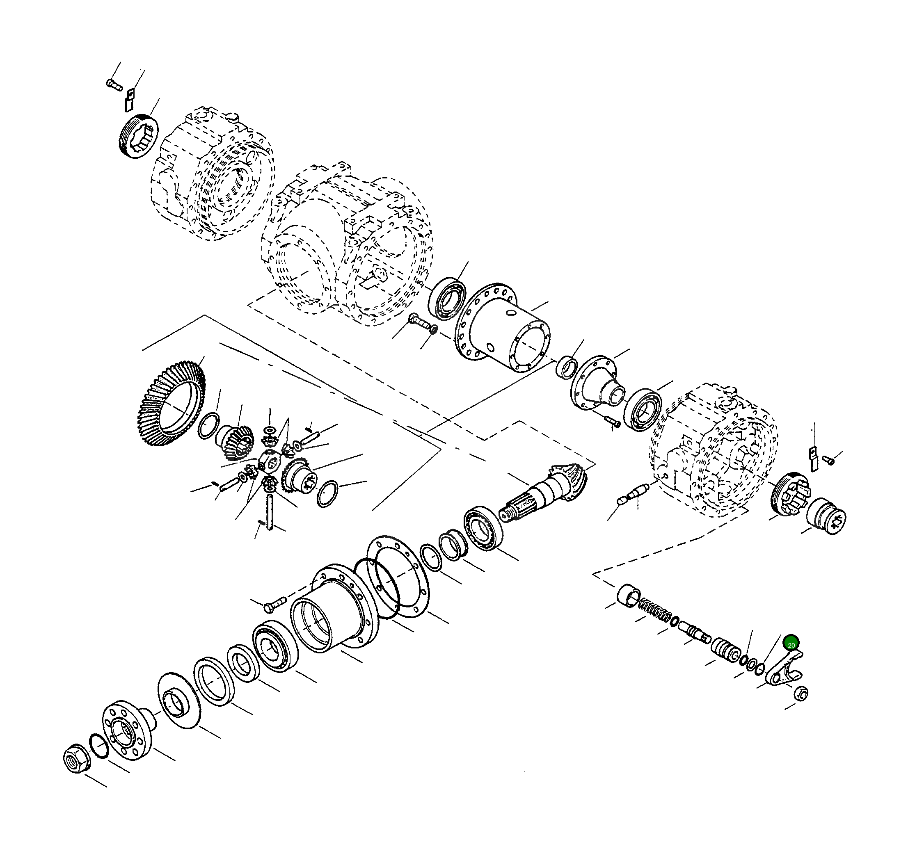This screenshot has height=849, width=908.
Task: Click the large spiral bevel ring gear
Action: click(171, 404)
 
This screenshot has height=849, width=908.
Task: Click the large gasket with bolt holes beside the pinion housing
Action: click(397, 577)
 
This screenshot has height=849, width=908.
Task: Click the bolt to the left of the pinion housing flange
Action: click(274, 603)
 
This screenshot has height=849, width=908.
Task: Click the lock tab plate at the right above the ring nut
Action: click(812, 459)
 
